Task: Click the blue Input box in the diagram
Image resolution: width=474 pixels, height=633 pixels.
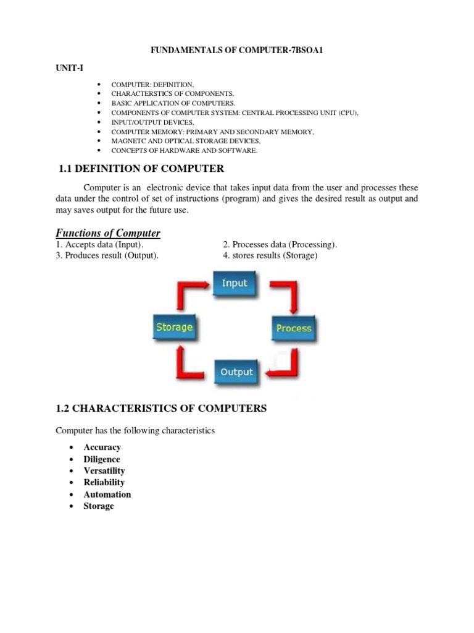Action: (x=234, y=284)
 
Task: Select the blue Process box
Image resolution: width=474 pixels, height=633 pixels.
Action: (x=293, y=328)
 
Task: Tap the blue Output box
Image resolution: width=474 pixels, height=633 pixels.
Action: (x=236, y=372)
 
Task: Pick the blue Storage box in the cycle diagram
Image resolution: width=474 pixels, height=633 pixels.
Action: (x=174, y=327)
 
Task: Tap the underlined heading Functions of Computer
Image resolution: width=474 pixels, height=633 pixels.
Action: (x=108, y=233)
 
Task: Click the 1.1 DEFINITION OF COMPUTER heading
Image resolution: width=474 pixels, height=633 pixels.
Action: (x=141, y=168)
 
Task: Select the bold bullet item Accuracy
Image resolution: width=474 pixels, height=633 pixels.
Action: (x=102, y=447)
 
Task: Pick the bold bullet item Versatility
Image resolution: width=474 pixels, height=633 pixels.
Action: (x=104, y=470)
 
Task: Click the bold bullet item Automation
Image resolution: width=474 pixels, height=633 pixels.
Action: (x=107, y=494)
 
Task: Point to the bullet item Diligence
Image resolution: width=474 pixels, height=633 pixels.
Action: (x=102, y=459)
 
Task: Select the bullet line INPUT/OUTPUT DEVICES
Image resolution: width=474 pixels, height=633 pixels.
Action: (x=152, y=122)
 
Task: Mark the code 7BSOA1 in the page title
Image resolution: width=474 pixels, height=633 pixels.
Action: (x=303, y=49)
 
